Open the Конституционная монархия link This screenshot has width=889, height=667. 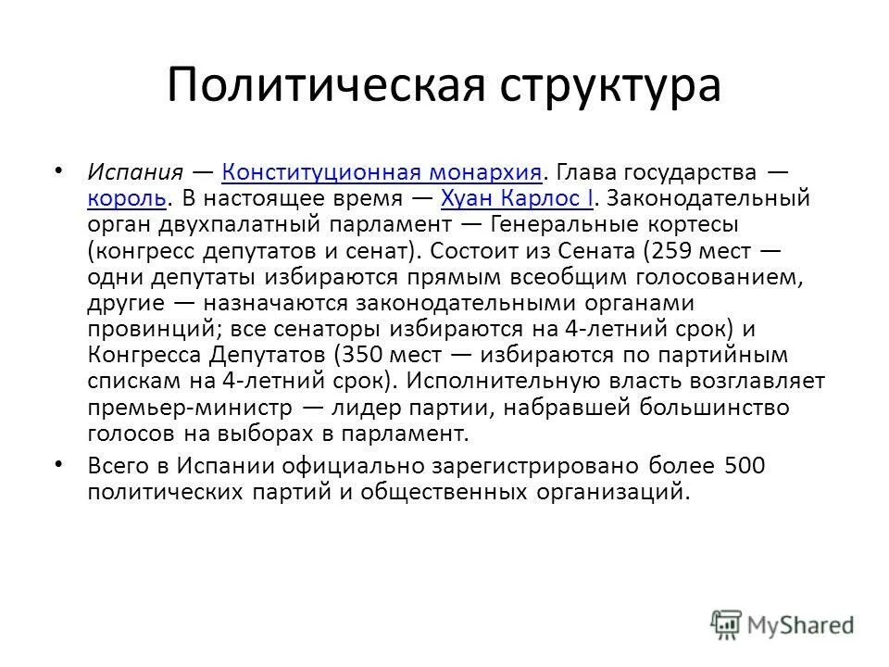pyautogui.click(x=381, y=172)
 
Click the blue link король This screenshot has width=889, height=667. pyautogui.click(x=128, y=197)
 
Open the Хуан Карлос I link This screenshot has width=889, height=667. pyautogui.click(x=517, y=197)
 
